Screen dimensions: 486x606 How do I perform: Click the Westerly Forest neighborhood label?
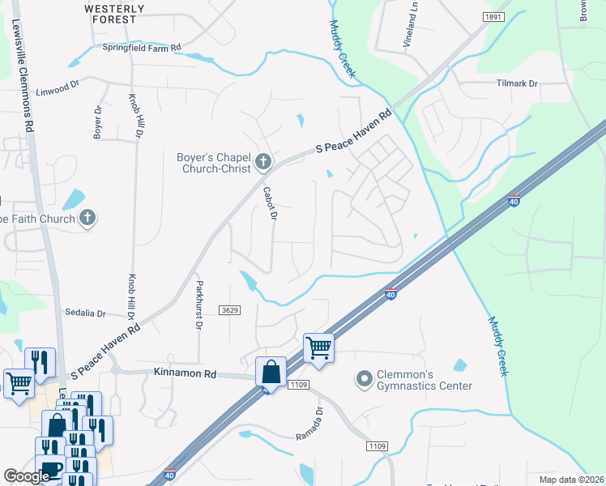pyautogui.click(x=114, y=14)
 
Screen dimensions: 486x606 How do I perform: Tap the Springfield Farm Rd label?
pyautogui.click(x=141, y=48)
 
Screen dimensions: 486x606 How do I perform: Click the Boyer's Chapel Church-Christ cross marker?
pyautogui.click(x=262, y=162)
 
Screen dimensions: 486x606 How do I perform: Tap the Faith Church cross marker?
pyautogui.click(x=87, y=217)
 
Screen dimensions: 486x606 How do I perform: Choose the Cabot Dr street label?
pyautogui.click(x=271, y=204)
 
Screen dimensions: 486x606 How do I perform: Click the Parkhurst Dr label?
pyautogui.click(x=198, y=305)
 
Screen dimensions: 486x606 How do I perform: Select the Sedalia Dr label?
pyautogui.click(x=85, y=313)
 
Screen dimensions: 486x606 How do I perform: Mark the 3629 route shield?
pyautogui.click(x=230, y=310)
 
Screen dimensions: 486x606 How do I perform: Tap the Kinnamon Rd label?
pyautogui.click(x=185, y=374)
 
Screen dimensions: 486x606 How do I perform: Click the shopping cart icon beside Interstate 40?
pyautogui.click(x=318, y=347)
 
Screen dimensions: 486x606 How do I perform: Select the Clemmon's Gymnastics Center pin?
pyautogui.click(x=364, y=378)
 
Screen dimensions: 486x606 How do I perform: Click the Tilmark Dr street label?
pyautogui.click(x=516, y=83)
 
